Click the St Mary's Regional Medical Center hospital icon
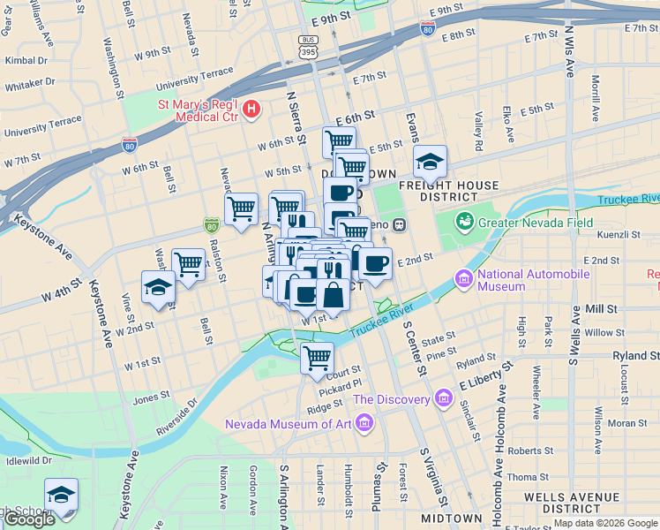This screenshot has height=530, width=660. click(x=252, y=109)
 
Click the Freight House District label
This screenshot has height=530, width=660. click(x=449, y=191)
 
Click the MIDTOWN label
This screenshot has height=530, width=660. click(x=451, y=518)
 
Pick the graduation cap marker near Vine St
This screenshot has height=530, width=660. click(x=159, y=289)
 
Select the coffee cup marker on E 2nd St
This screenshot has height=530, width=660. click(x=376, y=263)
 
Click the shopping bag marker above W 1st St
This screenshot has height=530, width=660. click(x=334, y=292)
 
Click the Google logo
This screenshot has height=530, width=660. click(x=29, y=519)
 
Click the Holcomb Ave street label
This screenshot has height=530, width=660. click(x=499, y=442)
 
